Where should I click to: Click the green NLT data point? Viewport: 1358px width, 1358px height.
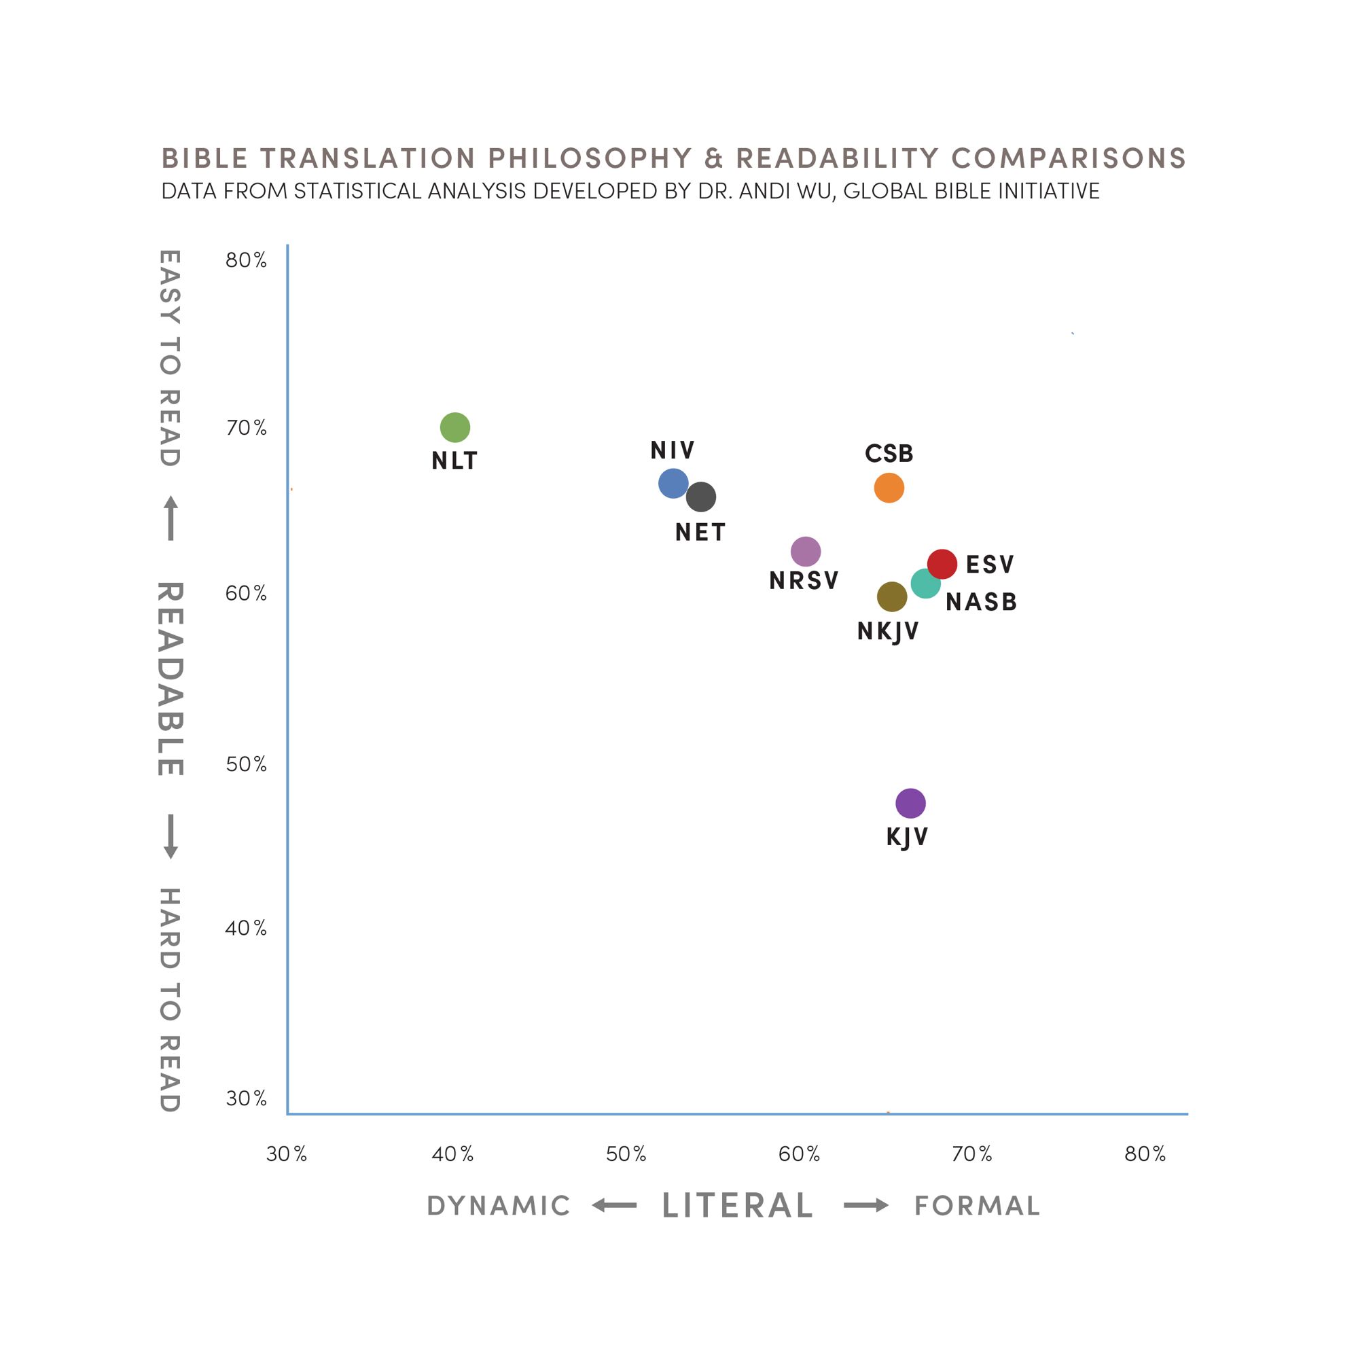point(454,427)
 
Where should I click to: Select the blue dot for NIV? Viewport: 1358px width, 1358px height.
point(673,483)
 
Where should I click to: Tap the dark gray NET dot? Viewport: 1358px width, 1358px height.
point(701,497)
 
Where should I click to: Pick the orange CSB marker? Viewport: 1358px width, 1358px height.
point(889,488)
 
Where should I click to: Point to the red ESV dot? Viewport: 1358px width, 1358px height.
point(942,564)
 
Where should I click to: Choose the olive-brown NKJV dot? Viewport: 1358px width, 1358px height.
point(891,596)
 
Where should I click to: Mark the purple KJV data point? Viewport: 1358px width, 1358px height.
point(910,803)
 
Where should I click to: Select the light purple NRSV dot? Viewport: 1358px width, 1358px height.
point(806,552)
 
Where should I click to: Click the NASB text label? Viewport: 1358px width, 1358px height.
point(981,603)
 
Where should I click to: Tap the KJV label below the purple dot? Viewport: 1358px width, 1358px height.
point(907,837)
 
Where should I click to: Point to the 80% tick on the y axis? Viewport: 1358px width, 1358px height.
point(246,260)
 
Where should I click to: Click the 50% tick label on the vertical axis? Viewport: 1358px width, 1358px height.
point(246,764)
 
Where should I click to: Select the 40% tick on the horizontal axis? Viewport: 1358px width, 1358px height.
point(452,1154)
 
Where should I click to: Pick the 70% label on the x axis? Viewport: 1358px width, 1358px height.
point(972,1154)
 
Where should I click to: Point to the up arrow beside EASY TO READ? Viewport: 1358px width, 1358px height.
point(171,518)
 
